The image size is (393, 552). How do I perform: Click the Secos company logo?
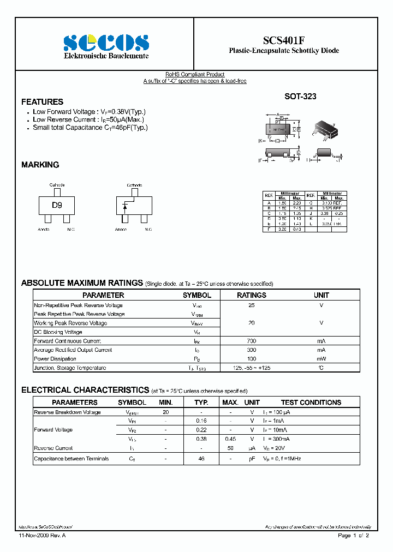[x=106, y=43]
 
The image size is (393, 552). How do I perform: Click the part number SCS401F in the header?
[x=284, y=40]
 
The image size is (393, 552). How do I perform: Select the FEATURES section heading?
[x=42, y=102]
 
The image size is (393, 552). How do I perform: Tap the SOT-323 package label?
[x=300, y=96]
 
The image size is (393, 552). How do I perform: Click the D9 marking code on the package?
[x=57, y=206]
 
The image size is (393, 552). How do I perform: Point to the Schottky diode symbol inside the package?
[x=126, y=206]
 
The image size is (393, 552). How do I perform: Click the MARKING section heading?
[x=40, y=165]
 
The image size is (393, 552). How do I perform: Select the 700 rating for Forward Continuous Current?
[x=251, y=341]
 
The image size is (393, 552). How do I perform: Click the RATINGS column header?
[x=251, y=295]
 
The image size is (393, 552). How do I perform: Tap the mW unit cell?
[x=321, y=359]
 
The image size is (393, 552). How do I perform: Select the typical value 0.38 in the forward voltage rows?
[x=201, y=439]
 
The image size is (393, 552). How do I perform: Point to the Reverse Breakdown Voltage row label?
[x=67, y=412]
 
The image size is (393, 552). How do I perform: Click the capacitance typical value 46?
[x=201, y=459]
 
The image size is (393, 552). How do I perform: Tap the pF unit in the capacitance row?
[x=252, y=459]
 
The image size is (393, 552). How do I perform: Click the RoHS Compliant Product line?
[x=195, y=75]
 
